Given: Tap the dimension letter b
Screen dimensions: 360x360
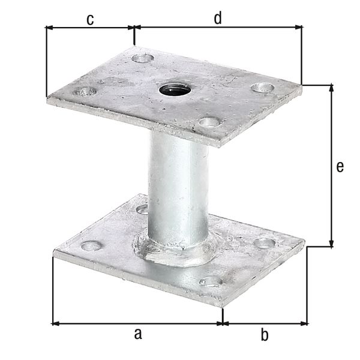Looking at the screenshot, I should coord(264,335).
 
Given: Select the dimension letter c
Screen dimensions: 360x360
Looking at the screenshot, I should coord(90,19).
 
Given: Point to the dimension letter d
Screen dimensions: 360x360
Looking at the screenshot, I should coord(218,19).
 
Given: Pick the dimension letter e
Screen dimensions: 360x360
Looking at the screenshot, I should coord(340,167).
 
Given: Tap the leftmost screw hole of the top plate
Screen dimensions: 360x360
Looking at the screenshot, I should coord(85,92).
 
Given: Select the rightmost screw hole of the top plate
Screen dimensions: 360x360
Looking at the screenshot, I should coord(262,88).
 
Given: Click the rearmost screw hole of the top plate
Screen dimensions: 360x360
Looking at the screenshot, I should coord(143,58).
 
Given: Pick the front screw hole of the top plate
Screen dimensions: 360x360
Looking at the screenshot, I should coord(209,122).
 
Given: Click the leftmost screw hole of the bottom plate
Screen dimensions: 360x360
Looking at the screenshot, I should coord(91,245).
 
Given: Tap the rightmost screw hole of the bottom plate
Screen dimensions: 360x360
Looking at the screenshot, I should coord(264,243).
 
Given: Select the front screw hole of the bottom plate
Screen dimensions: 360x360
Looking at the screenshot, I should coord(211,281).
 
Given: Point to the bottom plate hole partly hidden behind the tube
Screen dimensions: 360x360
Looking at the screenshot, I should coord(143,209).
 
